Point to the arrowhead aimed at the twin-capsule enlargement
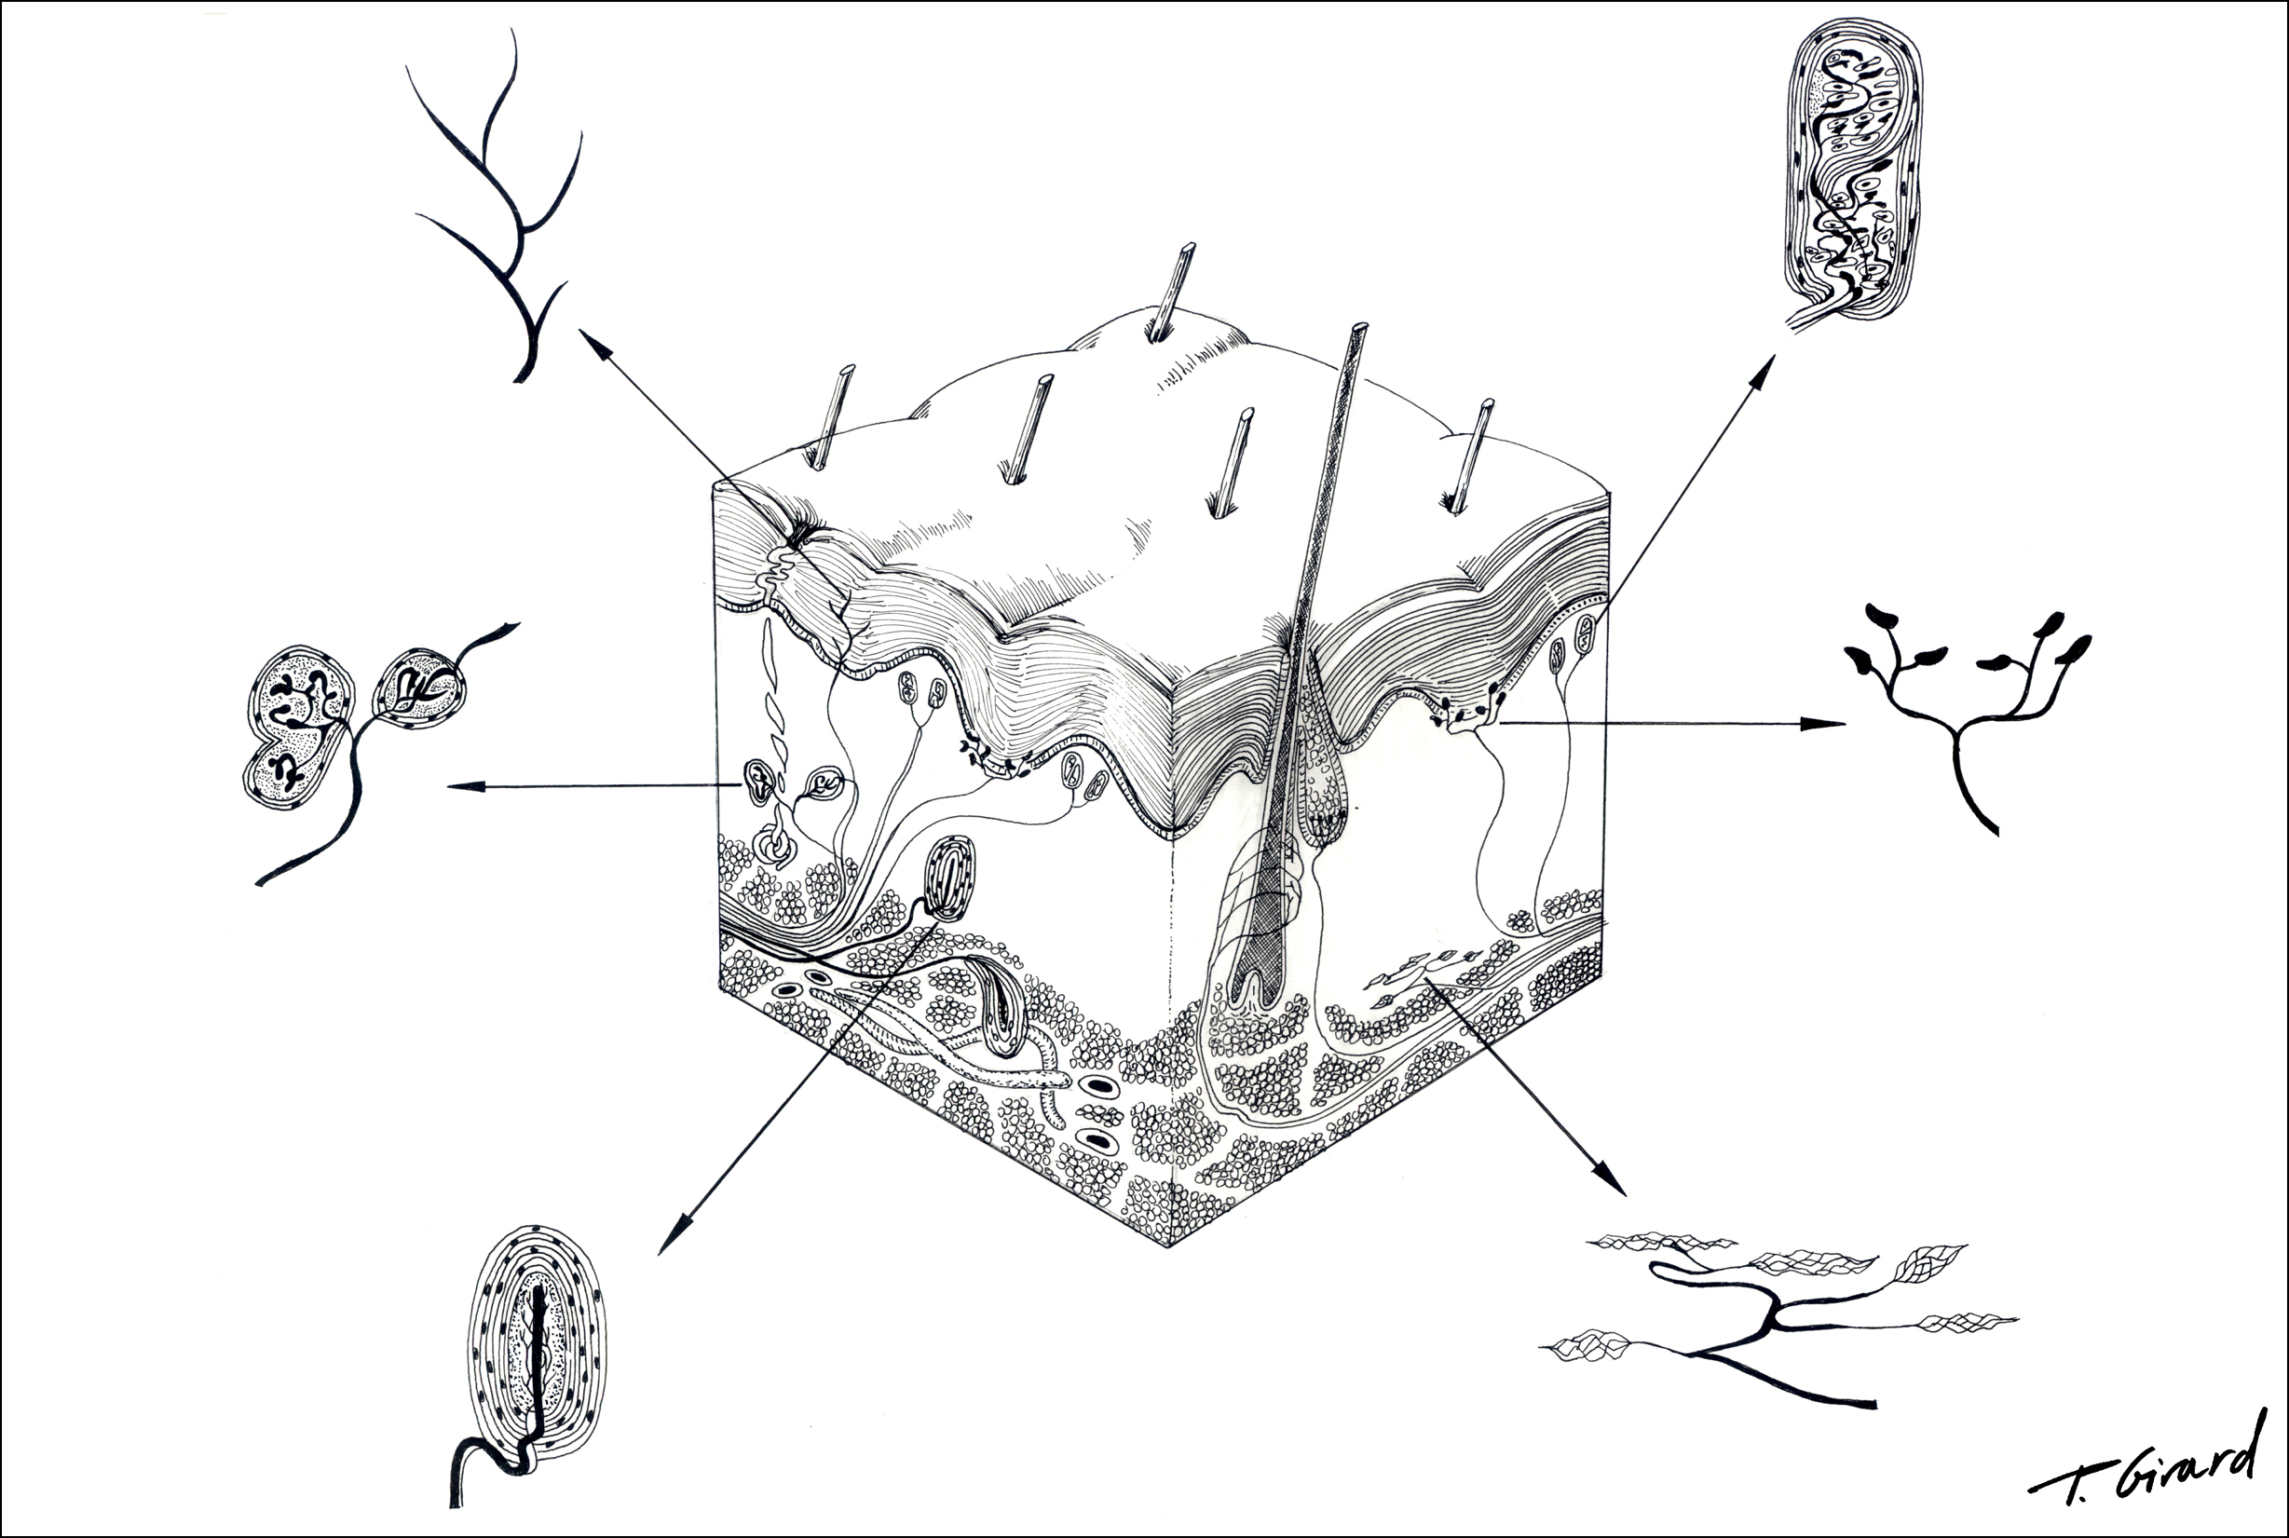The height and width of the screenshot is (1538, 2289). [x=465, y=785]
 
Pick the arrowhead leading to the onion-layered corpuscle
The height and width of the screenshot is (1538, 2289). [x=669, y=1240]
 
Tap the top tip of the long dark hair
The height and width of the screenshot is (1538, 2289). [x=1359, y=325]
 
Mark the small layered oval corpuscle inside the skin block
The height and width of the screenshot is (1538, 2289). [x=949, y=878]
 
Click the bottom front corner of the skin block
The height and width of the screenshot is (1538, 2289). [x=1169, y=1246]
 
